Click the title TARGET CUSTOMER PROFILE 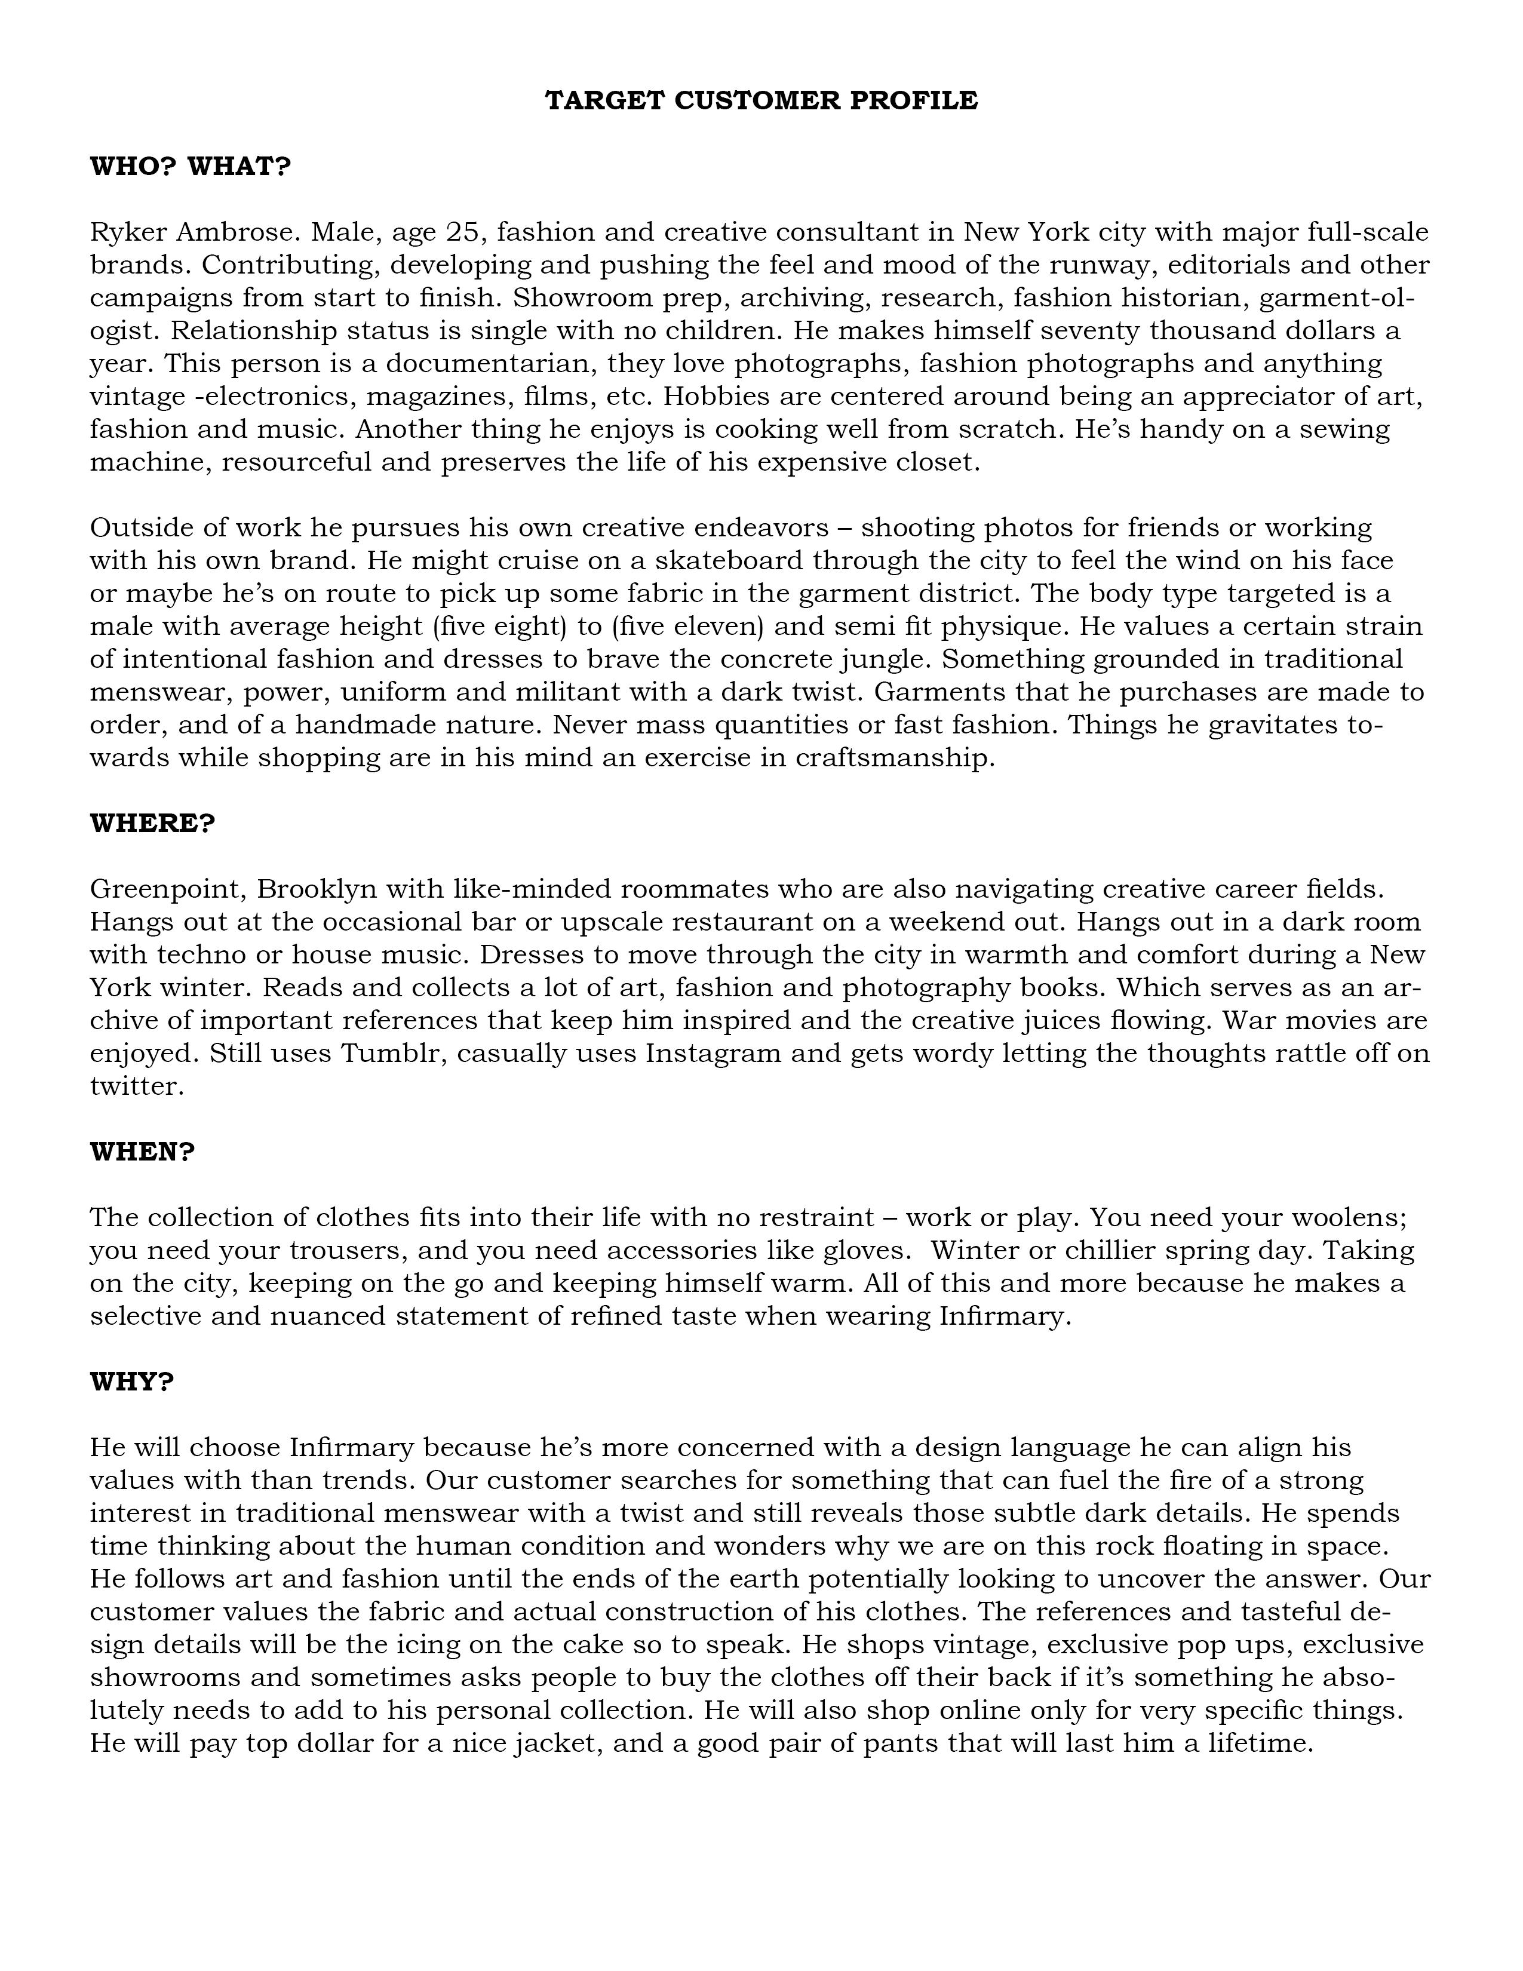tap(760, 100)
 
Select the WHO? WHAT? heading tap(191, 167)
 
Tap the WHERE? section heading tap(152, 823)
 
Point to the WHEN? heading tap(143, 1152)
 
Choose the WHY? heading tap(132, 1381)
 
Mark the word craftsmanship tap(893, 757)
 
